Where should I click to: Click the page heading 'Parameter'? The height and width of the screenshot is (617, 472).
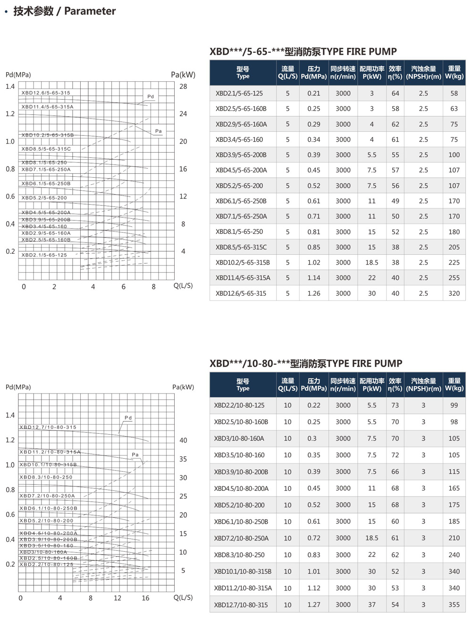[x=90, y=11]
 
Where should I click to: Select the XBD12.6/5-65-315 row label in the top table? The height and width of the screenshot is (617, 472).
[x=241, y=293]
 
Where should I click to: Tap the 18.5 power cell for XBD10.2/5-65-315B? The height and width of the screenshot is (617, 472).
[x=372, y=263]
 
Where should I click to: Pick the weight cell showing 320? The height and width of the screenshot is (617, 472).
[x=454, y=293]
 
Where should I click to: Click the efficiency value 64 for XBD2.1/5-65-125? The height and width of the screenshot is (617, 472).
[x=396, y=94]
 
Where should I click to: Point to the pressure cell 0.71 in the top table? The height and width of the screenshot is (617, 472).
[x=314, y=216]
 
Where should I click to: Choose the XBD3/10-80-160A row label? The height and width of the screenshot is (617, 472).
[x=239, y=438]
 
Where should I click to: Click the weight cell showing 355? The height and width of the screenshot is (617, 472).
[x=454, y=605]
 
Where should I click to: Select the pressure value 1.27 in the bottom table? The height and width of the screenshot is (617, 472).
[x=314, y=605]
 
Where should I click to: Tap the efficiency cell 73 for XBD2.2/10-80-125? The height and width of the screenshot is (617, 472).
[x=395, y=405]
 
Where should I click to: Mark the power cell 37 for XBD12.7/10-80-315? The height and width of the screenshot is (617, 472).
[x=372, y=605]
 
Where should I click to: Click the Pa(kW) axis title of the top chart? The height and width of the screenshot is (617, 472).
[x=183, y=75]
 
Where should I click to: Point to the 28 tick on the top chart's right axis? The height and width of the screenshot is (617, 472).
[x=183, y=86]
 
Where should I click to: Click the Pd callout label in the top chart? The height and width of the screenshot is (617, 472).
[x=151, y=96]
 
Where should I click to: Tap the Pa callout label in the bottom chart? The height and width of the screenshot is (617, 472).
[x=135, y=454]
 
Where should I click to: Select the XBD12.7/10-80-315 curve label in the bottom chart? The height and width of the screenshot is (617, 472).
[x=48, y=427]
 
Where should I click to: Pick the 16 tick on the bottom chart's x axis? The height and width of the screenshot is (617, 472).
[x=145, y=598]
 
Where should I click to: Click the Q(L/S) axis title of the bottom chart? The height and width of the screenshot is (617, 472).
[x=183, y=598]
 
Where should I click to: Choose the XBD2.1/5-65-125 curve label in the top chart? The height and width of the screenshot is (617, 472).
[x=44, y=255]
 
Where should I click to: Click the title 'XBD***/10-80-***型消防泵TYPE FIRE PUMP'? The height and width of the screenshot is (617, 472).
[x=306, y=363]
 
